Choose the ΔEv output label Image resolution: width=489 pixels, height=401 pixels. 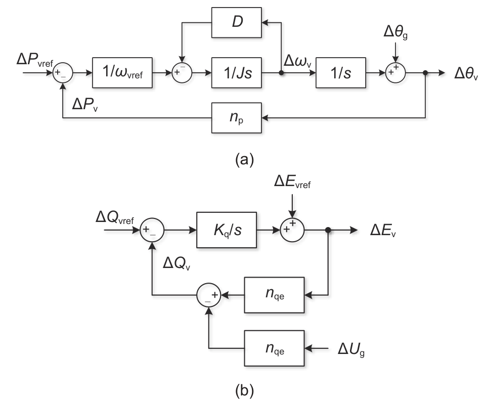point(382,232)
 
